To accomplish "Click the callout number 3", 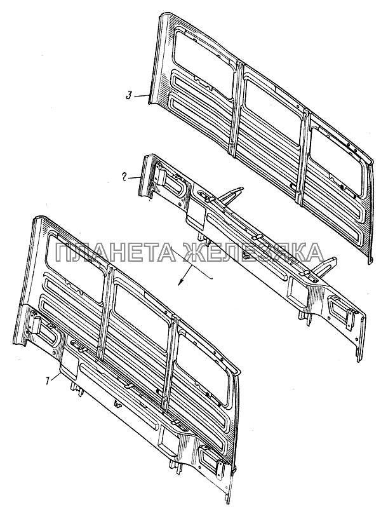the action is [x=129, y=96].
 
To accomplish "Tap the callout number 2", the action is [x=124, y=177].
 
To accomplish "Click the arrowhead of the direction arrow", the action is [x=181, y=282].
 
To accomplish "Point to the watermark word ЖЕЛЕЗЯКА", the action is [x=253, y=252].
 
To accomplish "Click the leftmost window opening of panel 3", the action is [x=204, y=62].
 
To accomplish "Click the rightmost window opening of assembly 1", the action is [x=204, y=368].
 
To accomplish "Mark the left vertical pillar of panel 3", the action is [x=235, y=108].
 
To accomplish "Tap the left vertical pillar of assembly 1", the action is [x=105, y=313].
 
